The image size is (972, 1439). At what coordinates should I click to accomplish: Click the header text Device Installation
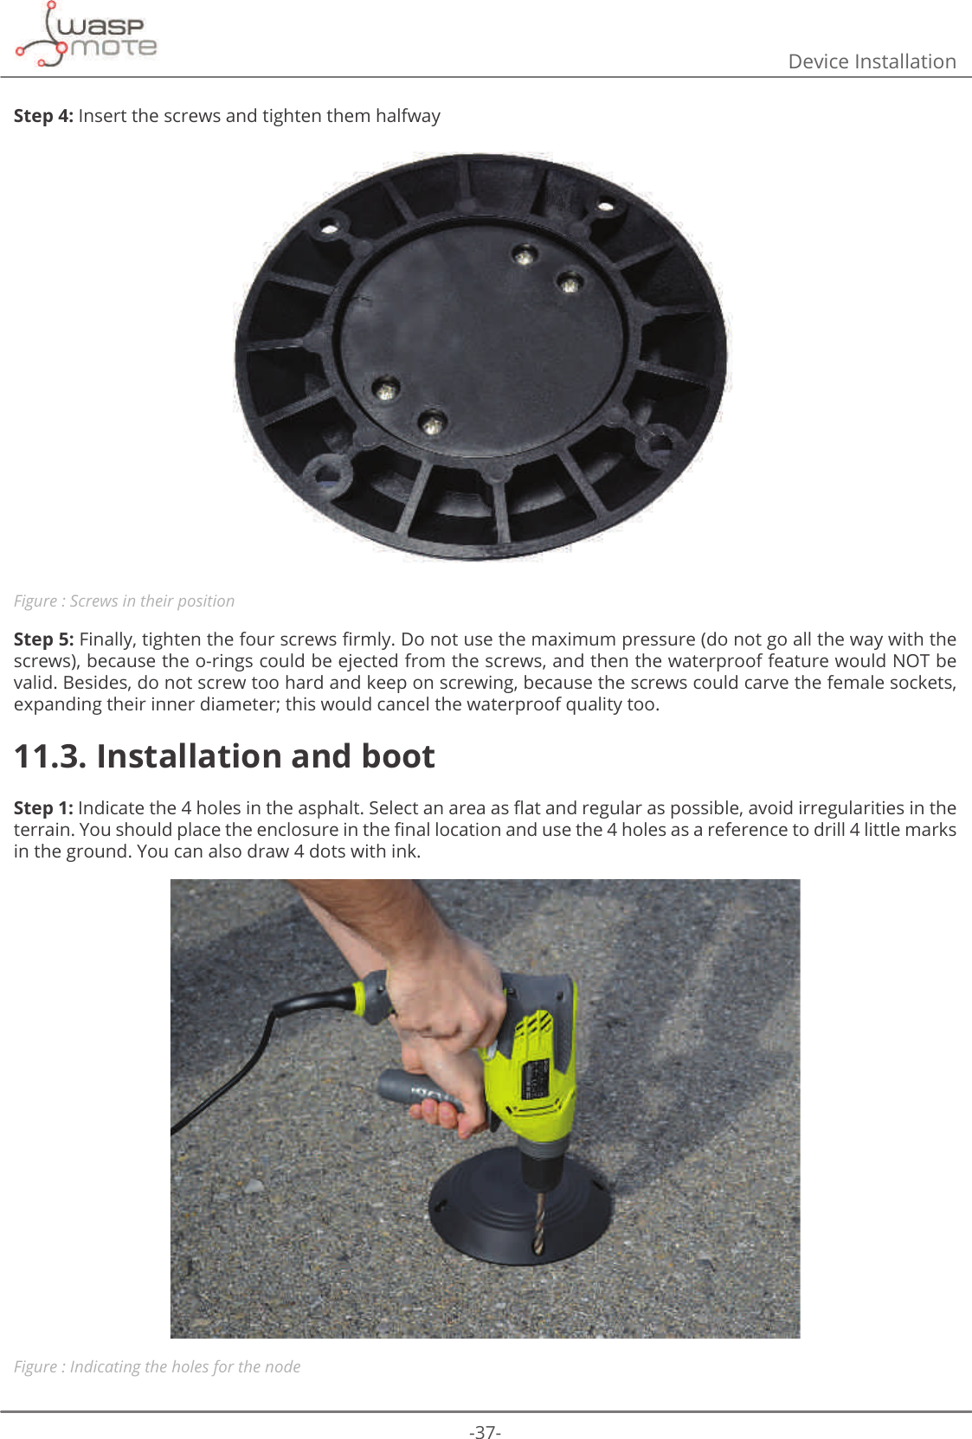[x=871, y=61]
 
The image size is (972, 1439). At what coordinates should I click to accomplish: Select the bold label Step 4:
[x=43, y=116]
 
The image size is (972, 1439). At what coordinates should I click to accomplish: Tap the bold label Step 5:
[x=43, y=639]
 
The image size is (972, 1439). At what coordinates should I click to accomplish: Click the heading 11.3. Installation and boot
[x=224, y=756]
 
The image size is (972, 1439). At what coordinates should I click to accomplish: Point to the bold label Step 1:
[x=43, y=808]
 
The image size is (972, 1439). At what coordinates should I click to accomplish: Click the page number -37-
[x=485, y=1432]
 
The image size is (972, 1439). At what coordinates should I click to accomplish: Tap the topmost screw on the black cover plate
[x=524, y=256]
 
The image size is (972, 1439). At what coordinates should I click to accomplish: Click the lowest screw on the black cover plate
[x=431, y=423]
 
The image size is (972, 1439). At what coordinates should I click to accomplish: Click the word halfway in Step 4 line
[x=408, y=116]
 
